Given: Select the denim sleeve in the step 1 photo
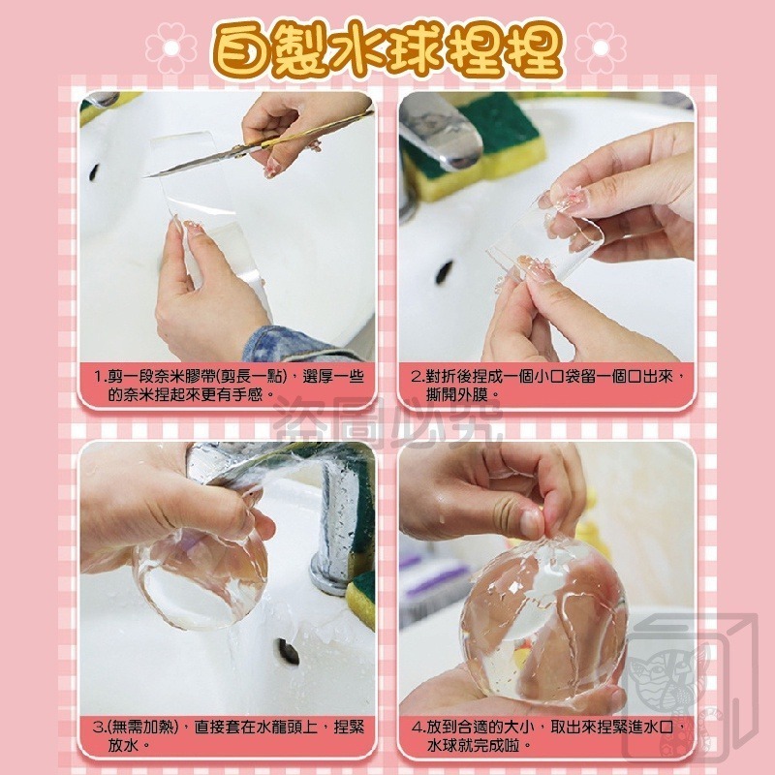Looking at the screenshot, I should click(x=291, y=344).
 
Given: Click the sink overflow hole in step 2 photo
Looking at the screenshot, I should click(x=445, y=271).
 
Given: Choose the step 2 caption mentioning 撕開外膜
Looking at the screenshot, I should click(x=547, y=386).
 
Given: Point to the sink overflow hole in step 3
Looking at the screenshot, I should click(x=287, y=652).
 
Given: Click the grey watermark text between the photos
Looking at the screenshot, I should click(x=387, y=421).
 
